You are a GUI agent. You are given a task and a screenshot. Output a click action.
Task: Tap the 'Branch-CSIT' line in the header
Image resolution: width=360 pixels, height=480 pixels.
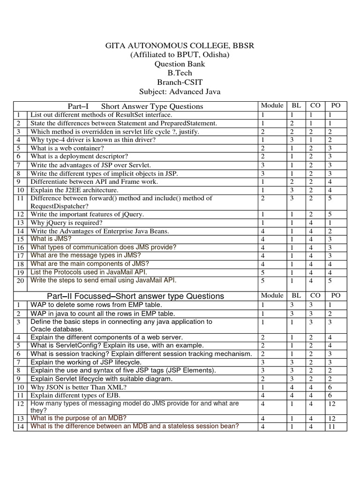click(180, 82)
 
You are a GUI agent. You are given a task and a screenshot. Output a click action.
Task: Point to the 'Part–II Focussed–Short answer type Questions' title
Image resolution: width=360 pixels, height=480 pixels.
click(135, 296)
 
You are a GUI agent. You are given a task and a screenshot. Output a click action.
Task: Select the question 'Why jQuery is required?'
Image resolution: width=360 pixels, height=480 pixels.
click(66, 223)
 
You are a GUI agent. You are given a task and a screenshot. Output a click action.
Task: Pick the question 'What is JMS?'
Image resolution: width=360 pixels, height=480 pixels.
click(51, 239)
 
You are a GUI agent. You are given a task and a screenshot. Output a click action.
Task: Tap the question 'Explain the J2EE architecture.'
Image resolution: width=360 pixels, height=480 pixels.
click(75, 190)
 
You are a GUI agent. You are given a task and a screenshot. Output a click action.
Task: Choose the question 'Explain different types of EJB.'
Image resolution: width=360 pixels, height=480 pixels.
click(75, 395)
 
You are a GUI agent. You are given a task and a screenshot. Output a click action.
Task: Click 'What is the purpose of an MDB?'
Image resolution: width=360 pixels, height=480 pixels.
click(78, 418)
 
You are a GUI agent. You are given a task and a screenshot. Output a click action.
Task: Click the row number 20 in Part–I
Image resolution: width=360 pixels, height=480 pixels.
click(20, 281)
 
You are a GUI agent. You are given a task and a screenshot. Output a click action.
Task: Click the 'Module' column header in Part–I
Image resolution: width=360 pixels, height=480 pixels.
click(272, 106)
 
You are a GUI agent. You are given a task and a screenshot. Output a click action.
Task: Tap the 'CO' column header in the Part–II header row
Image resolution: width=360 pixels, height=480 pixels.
click(315, 295)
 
